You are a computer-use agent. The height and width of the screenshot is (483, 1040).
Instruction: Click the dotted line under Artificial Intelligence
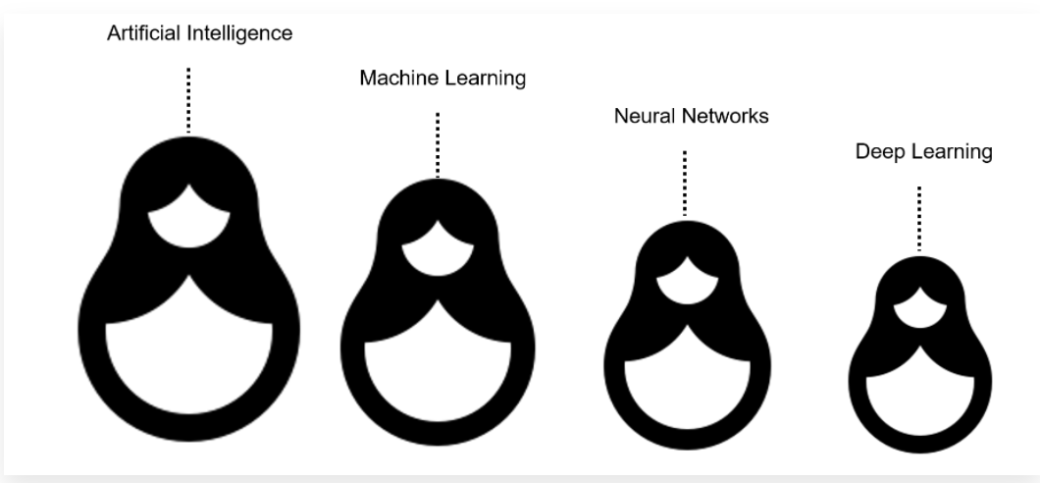click(188, 99)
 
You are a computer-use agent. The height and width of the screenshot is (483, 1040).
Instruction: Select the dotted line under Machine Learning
click(438, 143)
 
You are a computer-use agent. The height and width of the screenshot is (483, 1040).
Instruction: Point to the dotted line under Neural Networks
click(684, 182)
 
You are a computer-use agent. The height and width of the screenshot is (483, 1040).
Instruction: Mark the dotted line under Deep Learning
click(918, 218)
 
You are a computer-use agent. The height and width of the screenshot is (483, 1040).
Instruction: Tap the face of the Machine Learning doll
click(438, 252)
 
